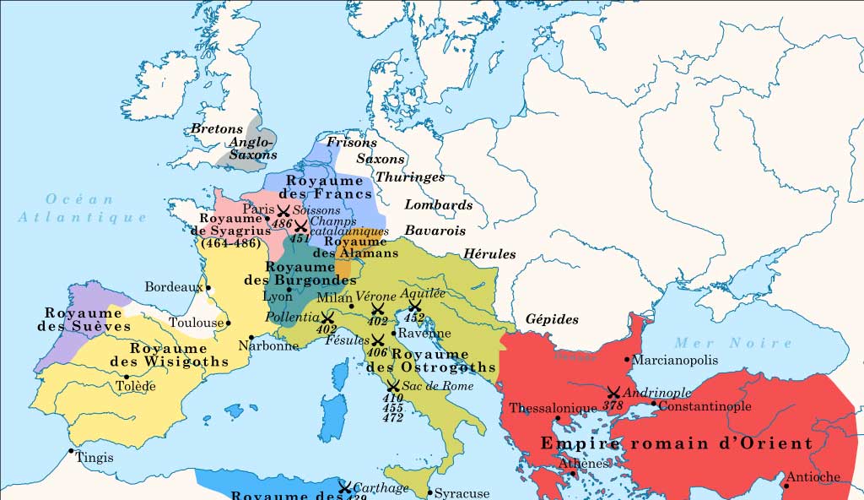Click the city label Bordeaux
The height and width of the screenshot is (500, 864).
click(x=173, y=287)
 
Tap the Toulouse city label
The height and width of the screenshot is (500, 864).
click(x=196, y=323)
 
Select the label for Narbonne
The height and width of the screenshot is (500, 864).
click(x=268, y=345)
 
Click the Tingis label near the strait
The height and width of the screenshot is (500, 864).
click(x=94, y=457)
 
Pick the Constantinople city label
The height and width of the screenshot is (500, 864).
click(x=705, y=406)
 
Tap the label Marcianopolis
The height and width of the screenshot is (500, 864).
click(x=675, y=360)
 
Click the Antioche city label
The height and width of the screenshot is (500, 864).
click(x=813, y=477)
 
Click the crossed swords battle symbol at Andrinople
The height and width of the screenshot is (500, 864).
click(x=613, y=393)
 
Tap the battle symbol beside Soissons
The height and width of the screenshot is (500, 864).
click(x=283, y=210)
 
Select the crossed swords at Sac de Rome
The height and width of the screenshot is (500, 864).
click(x=393, y=385)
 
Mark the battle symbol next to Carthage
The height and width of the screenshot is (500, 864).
click(x=344, y=487)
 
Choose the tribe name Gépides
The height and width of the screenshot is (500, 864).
click(x=552, y=319)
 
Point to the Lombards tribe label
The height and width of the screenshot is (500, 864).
click(x=438, y=205)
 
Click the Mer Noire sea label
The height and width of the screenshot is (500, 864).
click(x=732, y=343)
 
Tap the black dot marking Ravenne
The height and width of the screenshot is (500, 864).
click(x=393, y=333)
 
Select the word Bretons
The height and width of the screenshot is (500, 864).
click(x=217, y=129)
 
